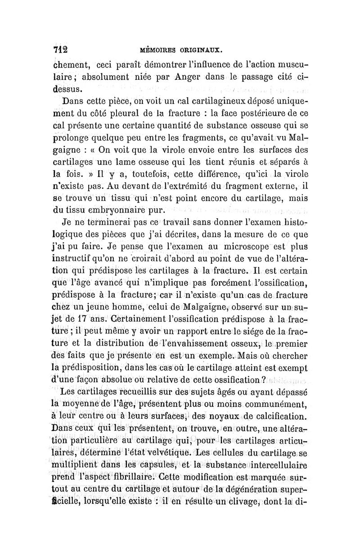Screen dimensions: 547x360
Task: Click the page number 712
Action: click(x=60, y=49)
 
